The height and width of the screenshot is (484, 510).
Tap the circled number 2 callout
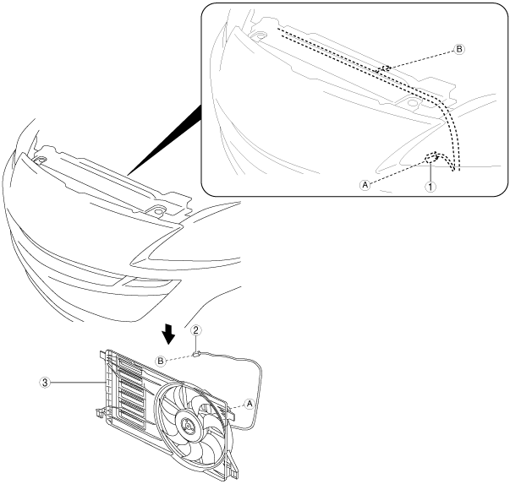[x=195, y=331]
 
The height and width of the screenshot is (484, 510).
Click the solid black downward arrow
[x=170, y=335]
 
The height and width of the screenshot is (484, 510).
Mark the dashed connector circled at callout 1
[x=431, y=157]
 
